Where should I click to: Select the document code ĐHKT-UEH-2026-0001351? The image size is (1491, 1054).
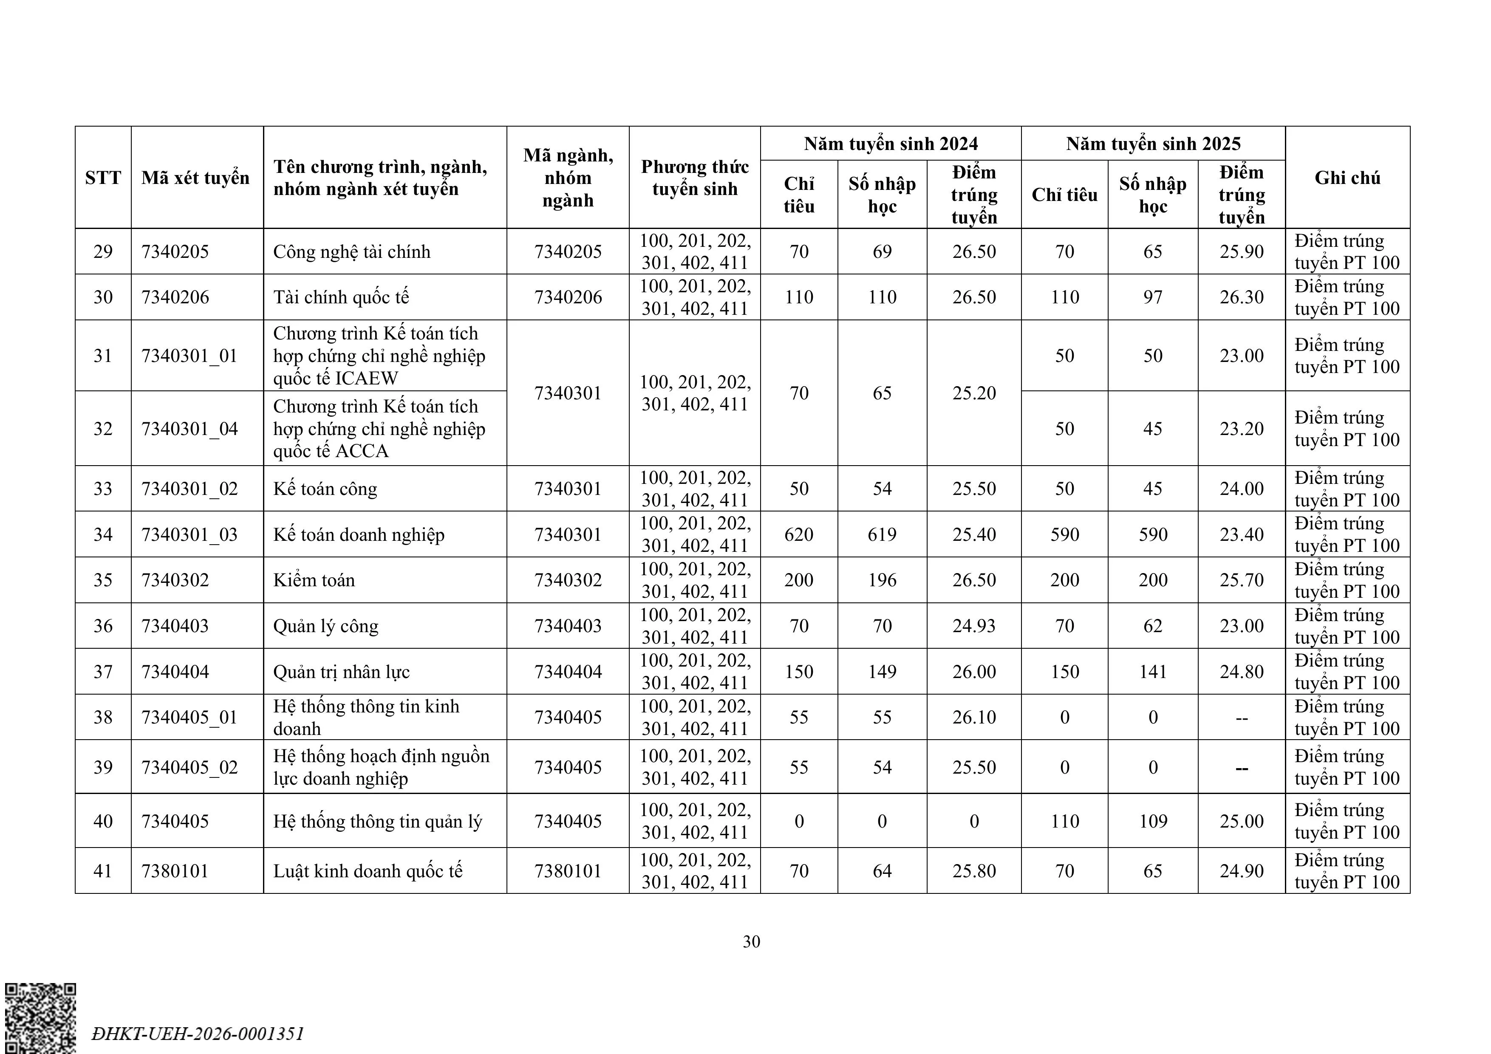tap(198, 1033)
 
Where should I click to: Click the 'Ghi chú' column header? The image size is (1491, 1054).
tap(1347, 177)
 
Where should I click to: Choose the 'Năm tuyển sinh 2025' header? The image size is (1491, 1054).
tap(1153, 144)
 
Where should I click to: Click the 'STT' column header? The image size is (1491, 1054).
tap(102, 177)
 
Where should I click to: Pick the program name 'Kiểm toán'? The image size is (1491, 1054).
tap(314, 580)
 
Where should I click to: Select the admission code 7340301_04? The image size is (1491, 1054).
tap(190, 429)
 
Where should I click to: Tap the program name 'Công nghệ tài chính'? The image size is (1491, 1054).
tap(351, 251)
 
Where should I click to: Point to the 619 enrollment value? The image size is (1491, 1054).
tap(882, 534)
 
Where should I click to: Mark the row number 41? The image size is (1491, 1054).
tap(102, 871)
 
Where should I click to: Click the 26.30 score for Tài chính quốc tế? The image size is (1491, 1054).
tap(1241, 297)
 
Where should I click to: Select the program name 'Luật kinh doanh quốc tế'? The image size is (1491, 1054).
tap(368, 871)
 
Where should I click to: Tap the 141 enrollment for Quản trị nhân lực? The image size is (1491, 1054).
tap(1153, 672)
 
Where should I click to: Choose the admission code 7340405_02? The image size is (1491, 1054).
tap(190, 767)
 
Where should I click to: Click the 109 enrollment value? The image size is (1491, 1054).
tap(1153, 821)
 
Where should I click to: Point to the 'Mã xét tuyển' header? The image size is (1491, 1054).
tap(195, 177)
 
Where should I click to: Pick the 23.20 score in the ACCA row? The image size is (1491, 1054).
tap(1241, 429)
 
